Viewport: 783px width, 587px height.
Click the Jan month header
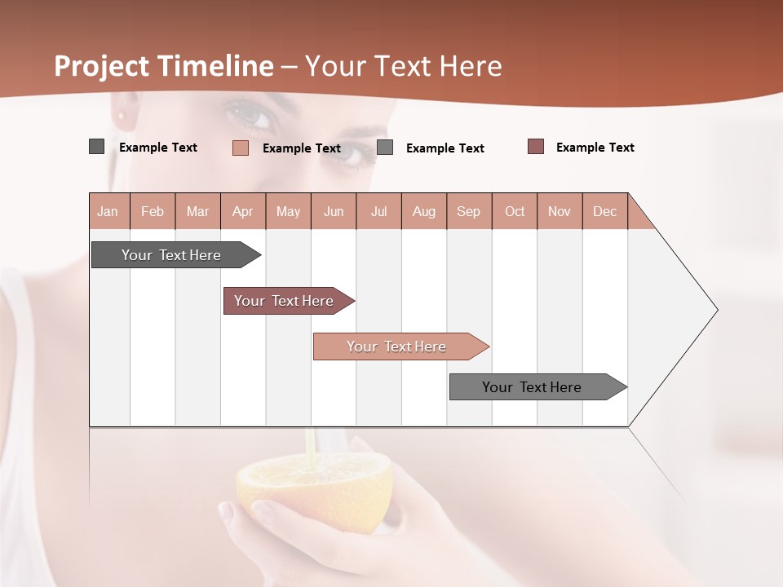tap(108, 211)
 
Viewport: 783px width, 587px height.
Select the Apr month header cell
tap(243, 211)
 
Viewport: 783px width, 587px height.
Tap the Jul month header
tap(378, 211)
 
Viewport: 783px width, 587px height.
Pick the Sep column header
tap(469, 211)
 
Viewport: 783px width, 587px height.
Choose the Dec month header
tap(604, 211)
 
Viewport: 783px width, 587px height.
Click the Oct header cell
tap(515, 211)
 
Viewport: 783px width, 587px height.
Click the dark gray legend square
tap(97, 147)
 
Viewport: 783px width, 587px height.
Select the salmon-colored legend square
tap(241, 148)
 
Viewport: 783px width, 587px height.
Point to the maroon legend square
tap(536, 147)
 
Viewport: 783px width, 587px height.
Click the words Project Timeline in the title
tap(164, 66)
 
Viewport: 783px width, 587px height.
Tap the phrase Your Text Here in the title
tap(404, 66)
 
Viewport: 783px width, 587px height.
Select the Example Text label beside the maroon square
tap(595, 148)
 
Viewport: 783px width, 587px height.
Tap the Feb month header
tap(153, 211)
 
